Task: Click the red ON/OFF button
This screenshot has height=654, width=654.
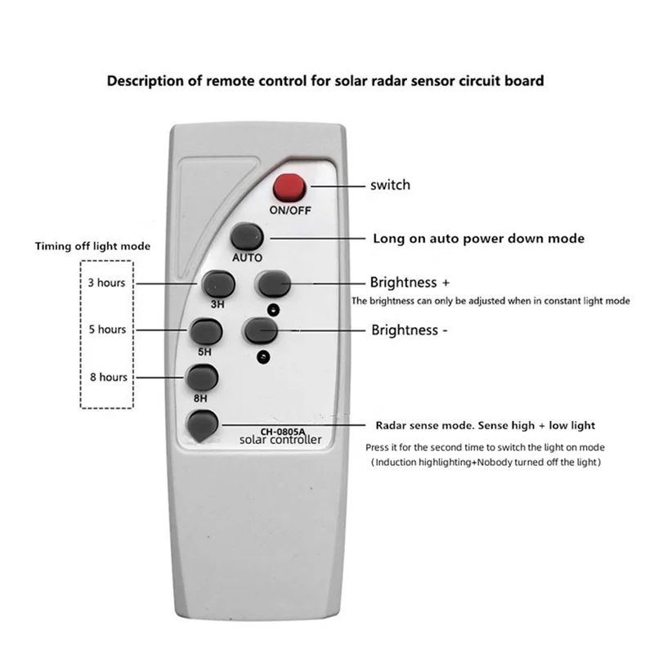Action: pos(288,187)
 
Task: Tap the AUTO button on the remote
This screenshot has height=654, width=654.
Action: pos(246,236)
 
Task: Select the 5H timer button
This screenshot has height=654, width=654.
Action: pos(205,332)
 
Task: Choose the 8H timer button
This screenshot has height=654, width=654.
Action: pos(202,378)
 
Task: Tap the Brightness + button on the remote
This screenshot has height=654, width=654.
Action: pos(274,284)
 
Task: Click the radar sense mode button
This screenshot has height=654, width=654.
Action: pos(202,425)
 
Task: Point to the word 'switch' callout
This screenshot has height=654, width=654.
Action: pos(391,186)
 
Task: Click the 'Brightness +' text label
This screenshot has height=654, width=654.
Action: pos(410,283)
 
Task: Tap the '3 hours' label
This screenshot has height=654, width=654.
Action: pos(108,283)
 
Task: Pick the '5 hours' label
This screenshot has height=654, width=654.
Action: pos(108,329)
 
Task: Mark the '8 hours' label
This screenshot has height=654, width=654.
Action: pos(108,377)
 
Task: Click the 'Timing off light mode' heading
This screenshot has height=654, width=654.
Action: pos(92,245)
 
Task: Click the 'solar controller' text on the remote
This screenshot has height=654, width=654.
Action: pos(280,441)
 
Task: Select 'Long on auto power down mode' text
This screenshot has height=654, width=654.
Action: pos(478,239)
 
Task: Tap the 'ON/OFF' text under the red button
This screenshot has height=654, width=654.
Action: pos(289,209)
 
